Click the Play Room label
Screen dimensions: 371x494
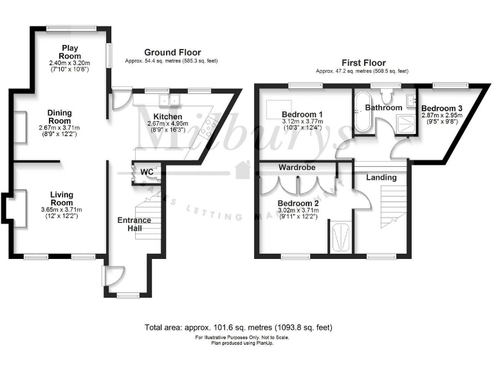tap(70, 52)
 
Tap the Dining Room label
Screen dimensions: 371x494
tap(60, 117)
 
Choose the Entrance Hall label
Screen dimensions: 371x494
tap(134, 225)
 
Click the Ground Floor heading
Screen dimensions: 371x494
tap(172, 53)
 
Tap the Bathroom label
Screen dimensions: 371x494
tap(384, 108)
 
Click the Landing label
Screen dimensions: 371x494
tap(381, 176)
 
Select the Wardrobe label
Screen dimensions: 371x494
tap(295, 167)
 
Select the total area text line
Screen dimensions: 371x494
tap(239, 327)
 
